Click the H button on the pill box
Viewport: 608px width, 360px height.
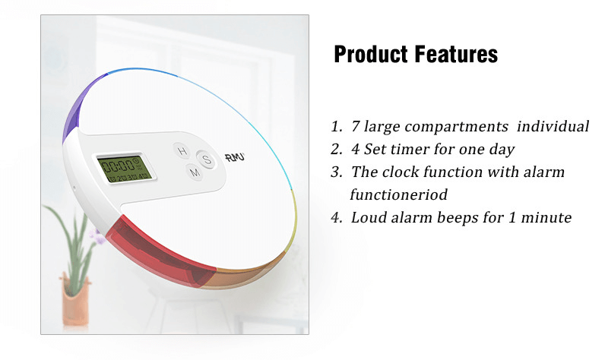[x=182, y=150]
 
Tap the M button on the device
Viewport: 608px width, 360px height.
[x=195, y=172]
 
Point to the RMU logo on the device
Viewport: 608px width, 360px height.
[x=235, y=157]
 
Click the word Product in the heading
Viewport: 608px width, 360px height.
[x=371, y=54]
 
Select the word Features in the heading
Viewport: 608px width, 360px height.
[x=456, y=53]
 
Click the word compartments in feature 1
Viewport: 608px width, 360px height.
[x=456, y=127]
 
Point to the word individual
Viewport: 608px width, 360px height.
[x=553, y=126]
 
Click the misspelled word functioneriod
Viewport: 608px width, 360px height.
[x=398, y=194]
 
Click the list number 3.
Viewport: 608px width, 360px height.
[x=336, y=172]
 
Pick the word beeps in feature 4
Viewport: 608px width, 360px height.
[x=458, y=218]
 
